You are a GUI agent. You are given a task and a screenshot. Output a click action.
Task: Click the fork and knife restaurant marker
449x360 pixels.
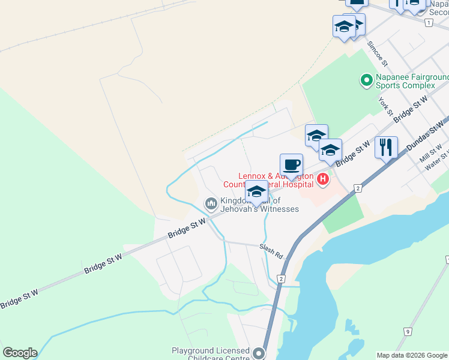[386, 147]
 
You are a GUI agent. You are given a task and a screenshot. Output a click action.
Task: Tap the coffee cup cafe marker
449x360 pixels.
[292, 165]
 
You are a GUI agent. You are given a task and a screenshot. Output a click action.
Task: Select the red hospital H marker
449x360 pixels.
[323, 179]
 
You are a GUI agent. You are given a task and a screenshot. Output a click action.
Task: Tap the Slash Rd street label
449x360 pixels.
[271, 250]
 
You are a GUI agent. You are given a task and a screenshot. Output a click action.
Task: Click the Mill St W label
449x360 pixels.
[431, 153]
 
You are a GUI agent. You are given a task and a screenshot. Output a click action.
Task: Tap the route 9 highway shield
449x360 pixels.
[408, 331]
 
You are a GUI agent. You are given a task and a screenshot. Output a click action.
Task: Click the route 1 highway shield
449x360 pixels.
[428, 23]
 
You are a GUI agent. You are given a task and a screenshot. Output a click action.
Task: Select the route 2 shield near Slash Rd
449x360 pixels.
[281, 278]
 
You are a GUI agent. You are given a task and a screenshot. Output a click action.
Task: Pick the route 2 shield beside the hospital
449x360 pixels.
[358, 188]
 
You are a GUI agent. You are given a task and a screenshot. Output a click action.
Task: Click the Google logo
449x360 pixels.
[20, 353]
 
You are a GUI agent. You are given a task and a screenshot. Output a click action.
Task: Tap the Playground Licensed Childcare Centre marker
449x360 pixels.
[259, 353]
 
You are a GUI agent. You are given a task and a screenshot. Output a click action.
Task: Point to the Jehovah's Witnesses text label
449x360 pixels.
[259, 209]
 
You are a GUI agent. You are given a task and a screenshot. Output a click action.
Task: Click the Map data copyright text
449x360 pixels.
[411, 355]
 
